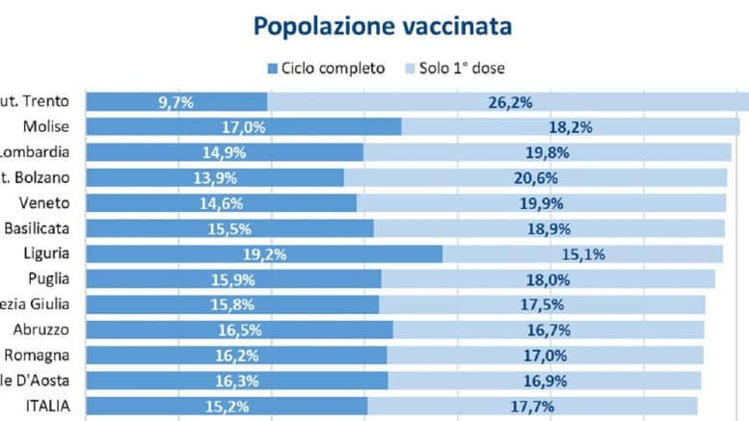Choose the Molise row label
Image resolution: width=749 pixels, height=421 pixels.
point(47,127)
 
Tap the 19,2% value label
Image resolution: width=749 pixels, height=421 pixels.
point(264,253)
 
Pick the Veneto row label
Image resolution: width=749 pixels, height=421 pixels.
point(44,202)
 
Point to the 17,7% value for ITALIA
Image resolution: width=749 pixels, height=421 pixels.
point(533,406)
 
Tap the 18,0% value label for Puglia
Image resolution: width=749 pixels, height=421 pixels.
point(548,278)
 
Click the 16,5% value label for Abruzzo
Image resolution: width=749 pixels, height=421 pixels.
point(239,329)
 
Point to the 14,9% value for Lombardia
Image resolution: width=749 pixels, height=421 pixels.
point(225,152)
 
